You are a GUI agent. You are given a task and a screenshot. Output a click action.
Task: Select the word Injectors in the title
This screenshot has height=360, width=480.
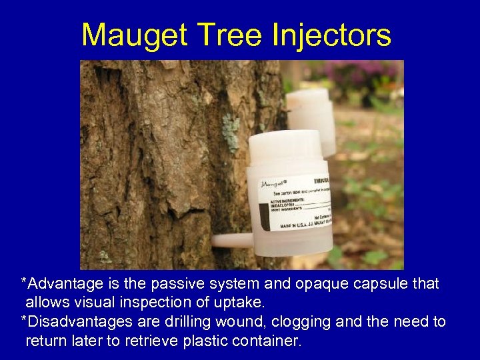pyautogui.click(x=332, y=35)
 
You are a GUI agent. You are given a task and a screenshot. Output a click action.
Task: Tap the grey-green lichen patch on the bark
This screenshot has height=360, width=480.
pyautogui.click(x=230, y=129)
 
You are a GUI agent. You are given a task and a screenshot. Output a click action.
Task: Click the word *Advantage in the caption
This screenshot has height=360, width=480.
pyautogui.click(x=59, y=284)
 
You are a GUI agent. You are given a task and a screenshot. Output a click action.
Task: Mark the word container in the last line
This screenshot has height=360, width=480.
pyautogui.click(x=266, y=341)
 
